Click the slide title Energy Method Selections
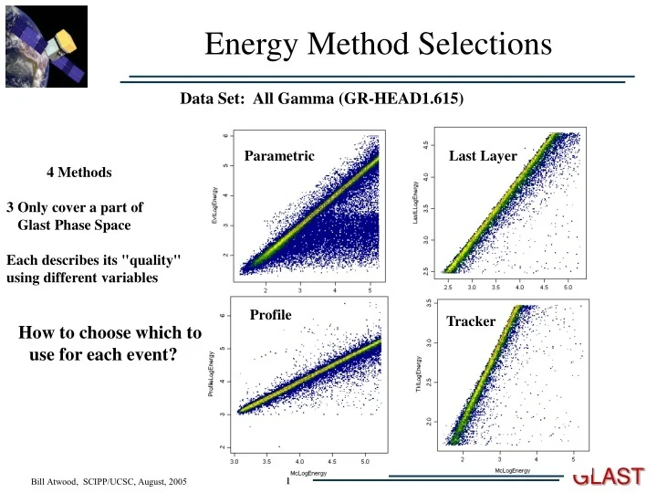(378, 43)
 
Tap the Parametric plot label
(279, 156)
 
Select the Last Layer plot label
(483, 156)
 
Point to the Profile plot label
(270, 315)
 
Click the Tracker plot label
(471, 321)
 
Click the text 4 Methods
(79, 172)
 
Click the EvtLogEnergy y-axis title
(214, 206)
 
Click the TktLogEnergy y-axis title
(417, 373)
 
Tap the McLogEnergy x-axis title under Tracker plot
(512, 470)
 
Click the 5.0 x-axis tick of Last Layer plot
(568, 287)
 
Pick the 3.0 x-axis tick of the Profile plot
(235, 462)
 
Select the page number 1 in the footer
(287, 481)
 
